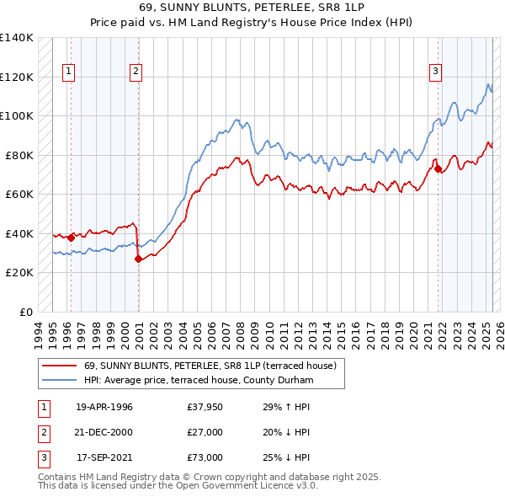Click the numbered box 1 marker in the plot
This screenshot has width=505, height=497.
point(68,72)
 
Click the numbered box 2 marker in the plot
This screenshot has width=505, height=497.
point(136,72)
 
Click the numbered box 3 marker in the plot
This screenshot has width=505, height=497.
point(436,72)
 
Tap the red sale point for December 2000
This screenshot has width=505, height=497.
point(138,259)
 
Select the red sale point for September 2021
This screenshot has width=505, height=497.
point(438,168)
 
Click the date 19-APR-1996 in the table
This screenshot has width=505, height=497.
point(104,407)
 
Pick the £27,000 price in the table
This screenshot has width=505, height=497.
point(205,432)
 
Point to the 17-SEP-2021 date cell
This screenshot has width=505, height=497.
point(104,457)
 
